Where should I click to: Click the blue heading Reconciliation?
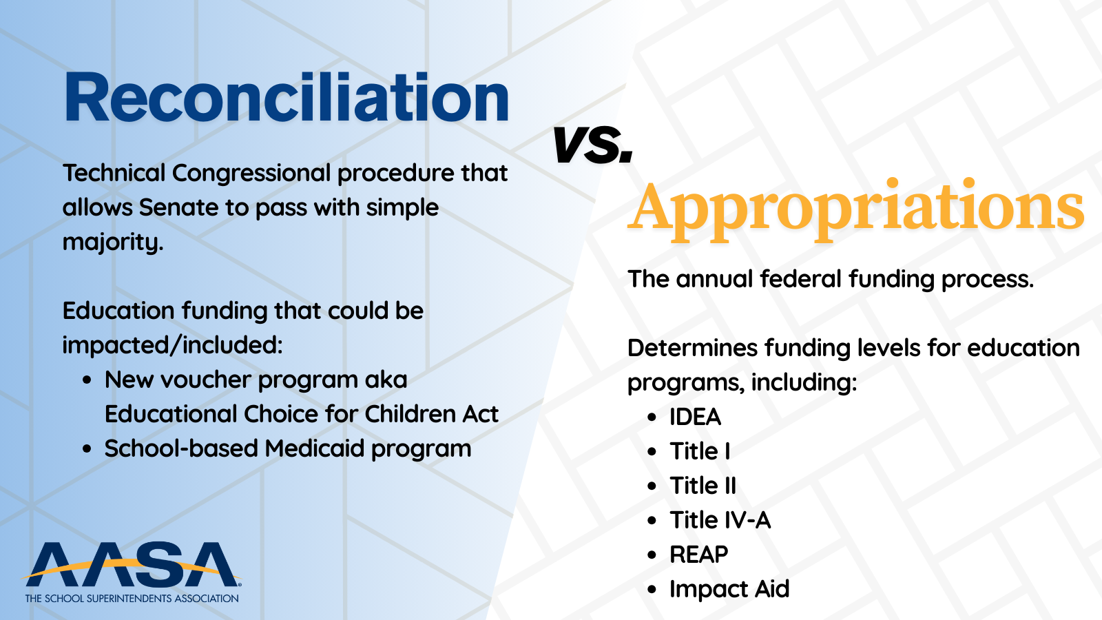point(287,97)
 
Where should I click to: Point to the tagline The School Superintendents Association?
point(132,599)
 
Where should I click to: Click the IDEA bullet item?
point(695,417)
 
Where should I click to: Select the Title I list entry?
point(700,451)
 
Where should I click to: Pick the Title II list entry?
point(703,486)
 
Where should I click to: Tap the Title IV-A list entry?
point(720,520)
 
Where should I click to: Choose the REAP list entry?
point(698,555)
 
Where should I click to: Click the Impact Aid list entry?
point(729,589)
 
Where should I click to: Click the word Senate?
point(178,207)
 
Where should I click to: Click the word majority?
point(113,242)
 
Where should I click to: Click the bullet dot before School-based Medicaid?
point(87,449)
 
